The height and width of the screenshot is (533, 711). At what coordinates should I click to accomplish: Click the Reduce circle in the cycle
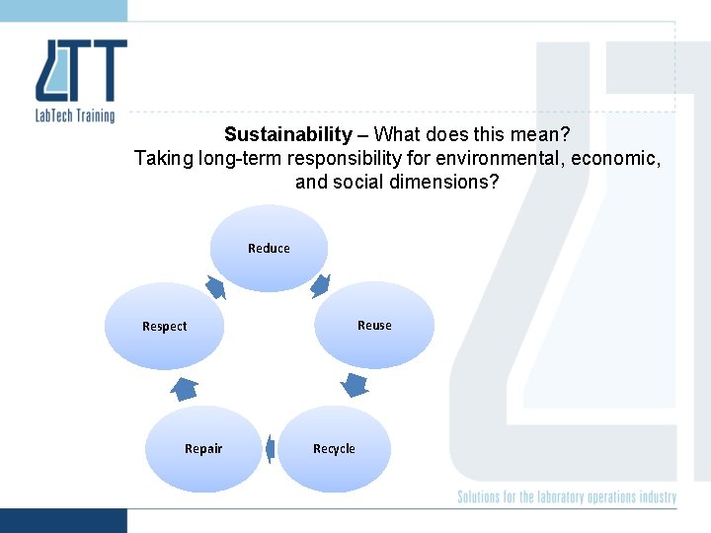tap(269, 248)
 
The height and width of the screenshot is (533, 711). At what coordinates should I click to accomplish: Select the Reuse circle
tap(374, 325)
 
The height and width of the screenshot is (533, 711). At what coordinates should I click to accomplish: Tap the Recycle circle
tap(334, 448)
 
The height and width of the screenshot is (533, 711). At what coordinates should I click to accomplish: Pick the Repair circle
tap(203, 448)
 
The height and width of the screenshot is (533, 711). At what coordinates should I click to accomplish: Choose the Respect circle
tap(165, 326)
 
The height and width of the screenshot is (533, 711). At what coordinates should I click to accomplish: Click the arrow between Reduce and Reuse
tap(320, 286)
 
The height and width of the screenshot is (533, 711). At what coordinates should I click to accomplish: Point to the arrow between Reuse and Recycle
tap(355, 384)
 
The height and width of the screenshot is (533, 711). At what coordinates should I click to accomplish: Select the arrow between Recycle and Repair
tap(269, 448)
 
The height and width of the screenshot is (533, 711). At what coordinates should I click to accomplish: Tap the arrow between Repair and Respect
tap(185, 388)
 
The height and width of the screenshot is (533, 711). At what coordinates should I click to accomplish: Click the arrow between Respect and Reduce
tap(215, 286)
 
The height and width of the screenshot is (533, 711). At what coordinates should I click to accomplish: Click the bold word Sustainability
tap(287, 134)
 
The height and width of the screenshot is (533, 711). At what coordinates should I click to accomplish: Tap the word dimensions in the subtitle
tap(441, 182)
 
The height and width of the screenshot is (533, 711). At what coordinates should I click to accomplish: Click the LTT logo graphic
tap(81, 71)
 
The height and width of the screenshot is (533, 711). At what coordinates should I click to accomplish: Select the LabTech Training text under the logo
tap(74, 115)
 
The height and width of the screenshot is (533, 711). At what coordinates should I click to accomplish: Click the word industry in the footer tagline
tap(656, 496)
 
